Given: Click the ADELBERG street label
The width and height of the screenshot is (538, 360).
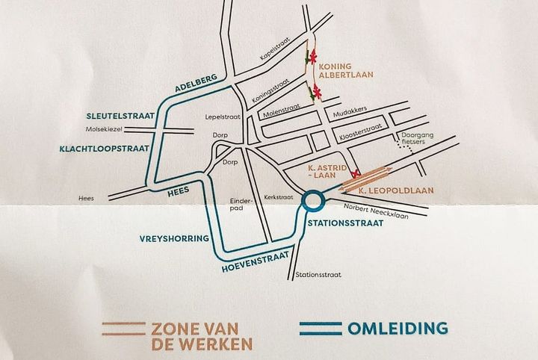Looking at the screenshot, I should pos(196,85).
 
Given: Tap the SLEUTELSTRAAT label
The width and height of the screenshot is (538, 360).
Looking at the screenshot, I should pos(119,117).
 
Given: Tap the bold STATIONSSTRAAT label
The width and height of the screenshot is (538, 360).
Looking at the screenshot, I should pos(346,223).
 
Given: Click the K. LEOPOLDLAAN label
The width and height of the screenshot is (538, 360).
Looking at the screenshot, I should pos(396,191).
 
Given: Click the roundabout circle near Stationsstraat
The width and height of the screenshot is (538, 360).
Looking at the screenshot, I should pos(312,200).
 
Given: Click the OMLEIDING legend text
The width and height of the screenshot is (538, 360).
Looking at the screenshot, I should pos(397,328).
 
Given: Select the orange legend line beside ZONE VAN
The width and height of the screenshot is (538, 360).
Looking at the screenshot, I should pos(123,327).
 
